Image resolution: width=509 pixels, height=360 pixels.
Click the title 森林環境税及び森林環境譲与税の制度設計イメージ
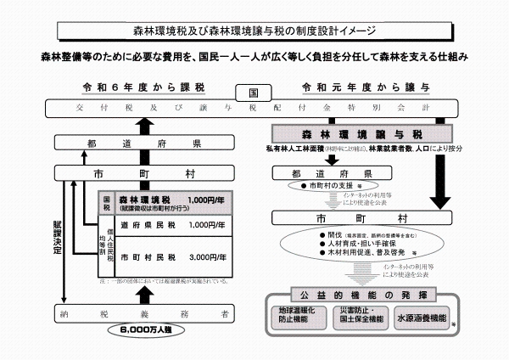[254, 31]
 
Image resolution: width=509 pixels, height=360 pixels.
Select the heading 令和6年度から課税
[142, 88]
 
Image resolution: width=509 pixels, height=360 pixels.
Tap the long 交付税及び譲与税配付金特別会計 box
[255, 108]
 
